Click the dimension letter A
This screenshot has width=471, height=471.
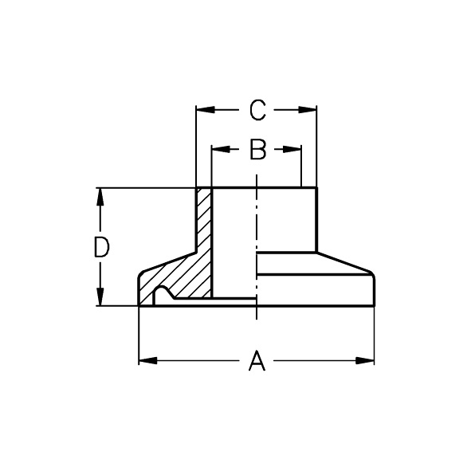click(257, 360)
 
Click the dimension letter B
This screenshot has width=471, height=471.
click(258, 149)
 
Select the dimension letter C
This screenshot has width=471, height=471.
click(257, 110)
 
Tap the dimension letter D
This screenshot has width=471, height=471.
click(101, 247)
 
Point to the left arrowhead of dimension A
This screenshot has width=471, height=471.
click(148, 360)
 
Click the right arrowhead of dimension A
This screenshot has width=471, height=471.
click(365, 360)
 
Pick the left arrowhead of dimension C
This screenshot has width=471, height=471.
click(206, 110)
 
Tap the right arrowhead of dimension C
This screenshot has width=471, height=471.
click(308, 110)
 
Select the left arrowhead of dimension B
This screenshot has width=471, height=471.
click(221, 149)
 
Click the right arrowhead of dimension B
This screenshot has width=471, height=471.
click(292, 149)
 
